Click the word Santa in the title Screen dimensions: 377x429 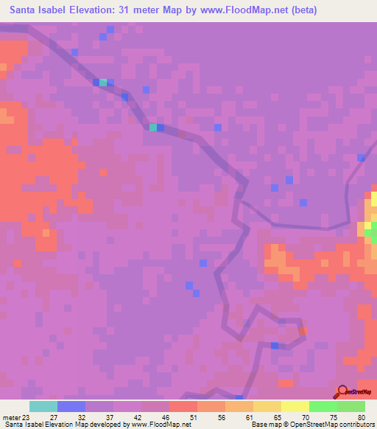click(27, 10)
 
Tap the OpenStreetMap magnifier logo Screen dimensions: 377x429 click(341, 392)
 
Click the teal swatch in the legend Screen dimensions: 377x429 click(43, 406)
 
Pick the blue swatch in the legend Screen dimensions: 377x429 click(71, 406)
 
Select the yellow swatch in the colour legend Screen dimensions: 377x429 click(295, 406)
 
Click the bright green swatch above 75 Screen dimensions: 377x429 click(323, 406)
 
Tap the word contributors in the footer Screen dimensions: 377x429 click(355, 425)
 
